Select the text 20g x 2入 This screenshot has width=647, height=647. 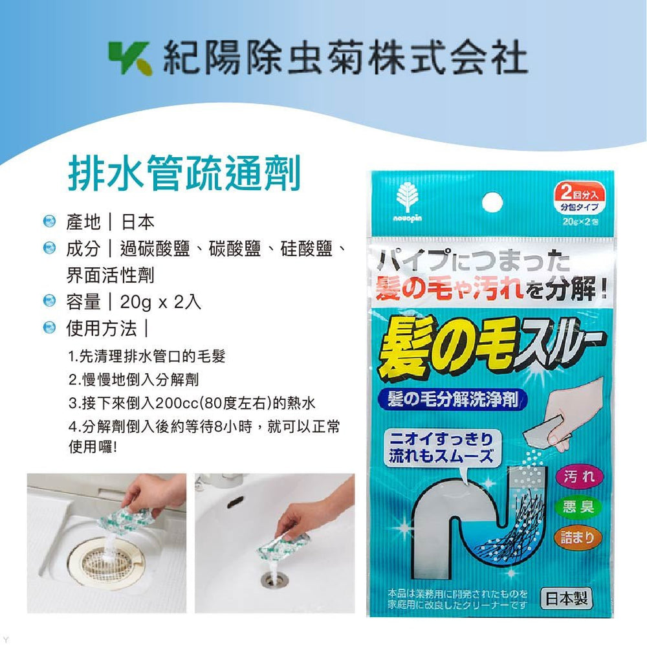coord(160,302)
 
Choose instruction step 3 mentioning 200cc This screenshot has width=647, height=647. coord(192,404)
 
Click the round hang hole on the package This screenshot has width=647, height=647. coord(492,201)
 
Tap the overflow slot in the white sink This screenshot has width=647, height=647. coord(233,501)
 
